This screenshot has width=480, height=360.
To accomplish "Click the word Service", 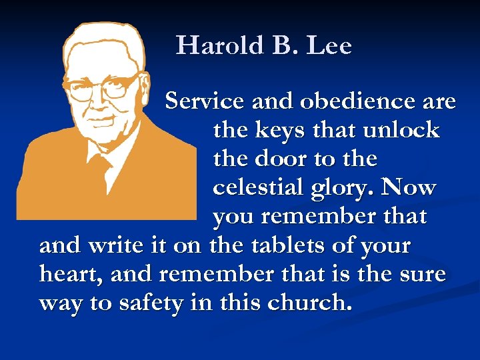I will point(205,101).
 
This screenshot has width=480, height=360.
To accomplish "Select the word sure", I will point(419,274).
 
